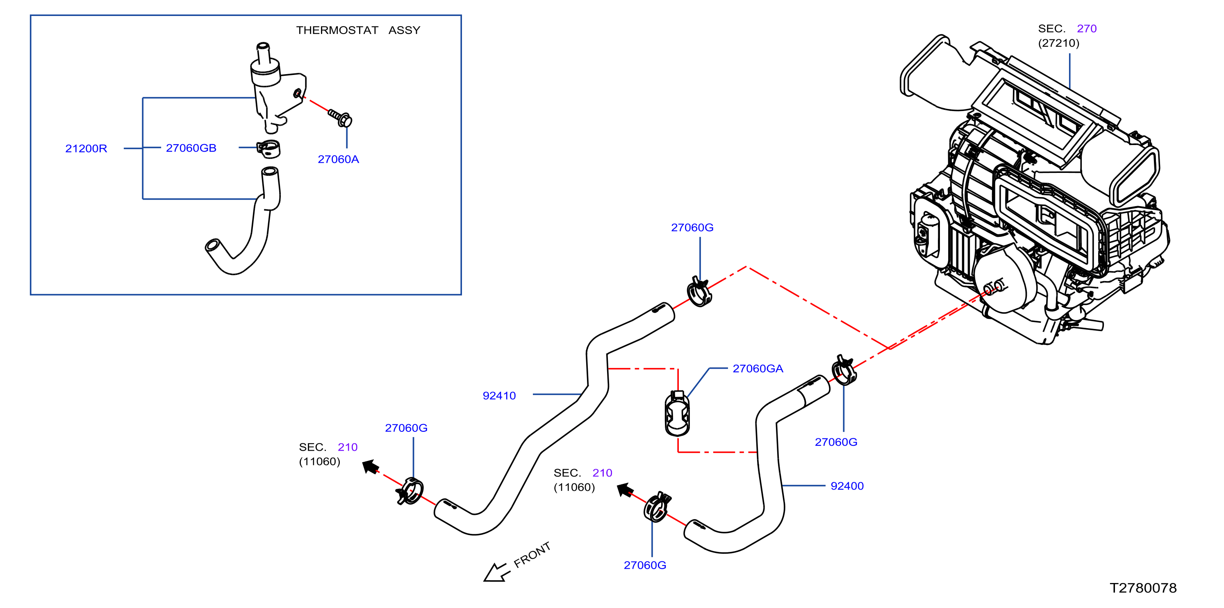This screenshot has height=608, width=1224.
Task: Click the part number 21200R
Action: coord(86,149)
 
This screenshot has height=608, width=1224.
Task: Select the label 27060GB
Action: coord(191,148)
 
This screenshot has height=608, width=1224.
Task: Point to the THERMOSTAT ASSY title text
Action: coord(358,30)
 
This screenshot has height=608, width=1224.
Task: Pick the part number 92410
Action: coord(499,396)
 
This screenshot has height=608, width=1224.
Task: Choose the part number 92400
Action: coord(847,486)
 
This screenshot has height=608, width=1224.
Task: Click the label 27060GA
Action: coord(758,369)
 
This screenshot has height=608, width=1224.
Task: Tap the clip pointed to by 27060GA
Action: coord(677,413)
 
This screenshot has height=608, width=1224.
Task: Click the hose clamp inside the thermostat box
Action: coord(268,149)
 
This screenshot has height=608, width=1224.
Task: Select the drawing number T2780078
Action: coord(1143,588)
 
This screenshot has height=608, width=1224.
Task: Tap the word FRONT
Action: coord(532,554)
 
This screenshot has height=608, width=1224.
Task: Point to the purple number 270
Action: coord(1087,29)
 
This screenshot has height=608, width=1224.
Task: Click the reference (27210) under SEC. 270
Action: coord(1059,43)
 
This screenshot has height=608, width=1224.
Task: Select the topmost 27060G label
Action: coord(692,227)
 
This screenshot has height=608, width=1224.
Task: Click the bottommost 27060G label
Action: coord(645,565)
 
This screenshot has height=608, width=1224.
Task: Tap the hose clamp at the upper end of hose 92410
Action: coord(699,292)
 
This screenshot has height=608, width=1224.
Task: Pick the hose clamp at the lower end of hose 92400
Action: coord(657,507)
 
